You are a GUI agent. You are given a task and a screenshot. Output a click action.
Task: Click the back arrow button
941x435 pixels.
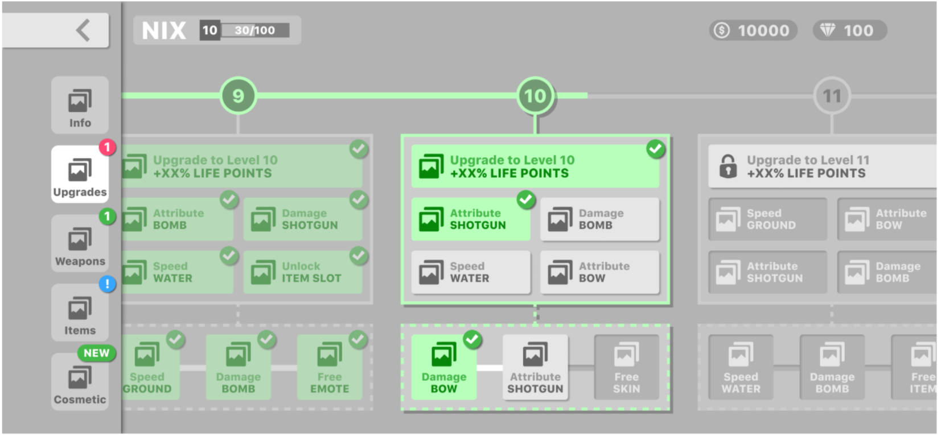(x=83, y=30)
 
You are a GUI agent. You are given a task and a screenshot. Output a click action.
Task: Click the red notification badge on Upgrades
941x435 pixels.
(x=107, y=148)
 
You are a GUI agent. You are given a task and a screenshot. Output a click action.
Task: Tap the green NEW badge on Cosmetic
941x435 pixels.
(x=96, y=353)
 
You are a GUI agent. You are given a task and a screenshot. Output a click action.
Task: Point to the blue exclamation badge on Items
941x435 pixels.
(x=107, y=284)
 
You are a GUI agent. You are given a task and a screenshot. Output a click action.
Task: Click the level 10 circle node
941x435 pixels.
(x=535, y=96)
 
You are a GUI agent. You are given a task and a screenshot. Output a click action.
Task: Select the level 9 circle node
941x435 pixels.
(x=238, y=96)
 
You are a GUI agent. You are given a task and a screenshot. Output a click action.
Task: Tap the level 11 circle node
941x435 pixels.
(x=832, y=96)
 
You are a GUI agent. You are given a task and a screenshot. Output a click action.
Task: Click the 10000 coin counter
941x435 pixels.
(x=753, y=31)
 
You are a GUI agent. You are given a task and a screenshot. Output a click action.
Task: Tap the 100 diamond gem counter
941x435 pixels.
(x=849, y=31)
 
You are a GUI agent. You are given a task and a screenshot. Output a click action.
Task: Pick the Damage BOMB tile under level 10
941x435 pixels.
(x=599, y=219)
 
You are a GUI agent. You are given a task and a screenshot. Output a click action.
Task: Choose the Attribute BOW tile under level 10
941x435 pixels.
(x=599, y=273)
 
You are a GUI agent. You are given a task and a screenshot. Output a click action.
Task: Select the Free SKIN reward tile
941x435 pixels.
(x=626, y=367)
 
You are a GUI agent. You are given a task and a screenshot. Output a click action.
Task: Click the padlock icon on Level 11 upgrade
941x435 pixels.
(x=728, y=166)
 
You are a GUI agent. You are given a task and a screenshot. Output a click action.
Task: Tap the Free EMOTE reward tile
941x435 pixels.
(x=329, y=367)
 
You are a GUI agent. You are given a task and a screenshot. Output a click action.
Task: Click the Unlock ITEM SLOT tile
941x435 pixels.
(x=302, y=273)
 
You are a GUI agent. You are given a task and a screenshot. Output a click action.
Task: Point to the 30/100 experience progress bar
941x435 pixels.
(x=255, y=30)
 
